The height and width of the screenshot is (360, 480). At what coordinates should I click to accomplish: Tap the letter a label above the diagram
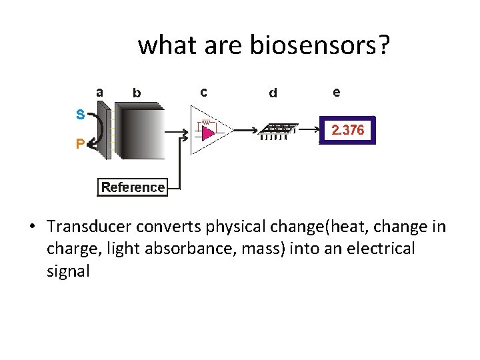coord(99,92)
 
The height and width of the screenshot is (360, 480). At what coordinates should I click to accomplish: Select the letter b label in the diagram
coord(137,93)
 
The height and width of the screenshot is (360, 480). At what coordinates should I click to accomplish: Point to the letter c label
coord(203,92)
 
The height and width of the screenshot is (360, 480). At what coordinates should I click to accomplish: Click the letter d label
coord(273,93)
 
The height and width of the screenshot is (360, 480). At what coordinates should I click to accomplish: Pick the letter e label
coord(336,93)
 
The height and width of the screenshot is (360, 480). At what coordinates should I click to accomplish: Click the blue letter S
coord(80,115)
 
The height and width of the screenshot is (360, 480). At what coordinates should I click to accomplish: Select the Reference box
coord(133,187)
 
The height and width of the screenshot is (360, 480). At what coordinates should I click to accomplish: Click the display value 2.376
coord(348,131)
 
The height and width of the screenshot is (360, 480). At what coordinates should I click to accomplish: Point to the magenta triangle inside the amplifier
coord(208,133)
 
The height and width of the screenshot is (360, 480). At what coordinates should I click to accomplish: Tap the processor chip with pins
coord(279,130)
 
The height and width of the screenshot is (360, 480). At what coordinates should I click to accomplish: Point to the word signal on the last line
coord(67,271)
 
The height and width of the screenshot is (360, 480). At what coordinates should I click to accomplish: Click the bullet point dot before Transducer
coord(32,227)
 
